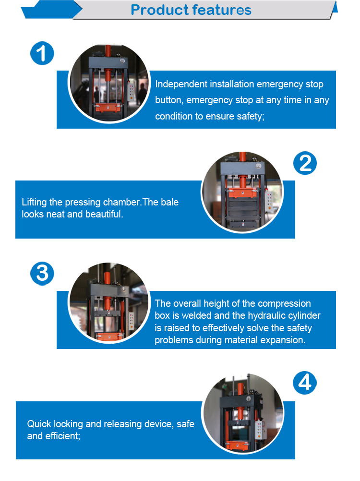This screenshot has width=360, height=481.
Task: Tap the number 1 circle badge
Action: pos(42,53)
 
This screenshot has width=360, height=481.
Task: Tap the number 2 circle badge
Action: pos(305,163)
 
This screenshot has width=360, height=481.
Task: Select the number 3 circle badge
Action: pos(42,273)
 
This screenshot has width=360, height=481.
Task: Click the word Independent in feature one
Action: pos(181,84)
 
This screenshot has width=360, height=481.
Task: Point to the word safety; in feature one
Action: pos(251,117)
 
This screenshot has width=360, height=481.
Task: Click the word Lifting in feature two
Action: pos(34,203)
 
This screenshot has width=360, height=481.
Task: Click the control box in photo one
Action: pos(131,92)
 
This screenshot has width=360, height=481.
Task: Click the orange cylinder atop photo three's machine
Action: pos(107,278)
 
